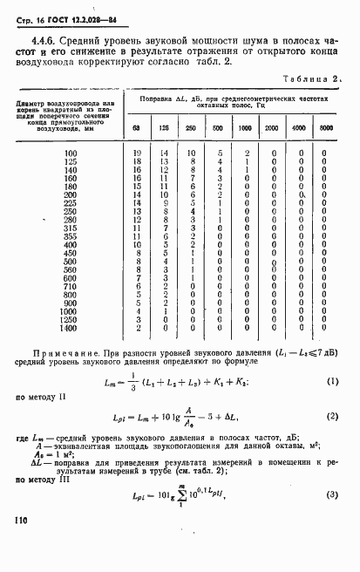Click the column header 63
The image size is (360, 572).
pos(136,129)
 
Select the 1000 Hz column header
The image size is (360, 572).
pos(247,129)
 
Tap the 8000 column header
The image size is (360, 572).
pos(325,129)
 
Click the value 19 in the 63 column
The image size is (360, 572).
pos(136,153)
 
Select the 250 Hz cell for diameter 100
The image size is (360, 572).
pos(192,153)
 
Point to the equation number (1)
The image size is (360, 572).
pos(331,382)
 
